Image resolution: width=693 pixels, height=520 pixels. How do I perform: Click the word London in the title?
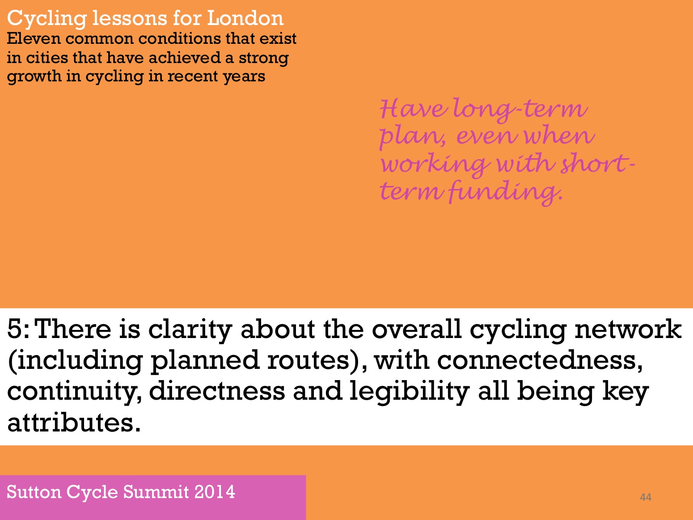[245, 18]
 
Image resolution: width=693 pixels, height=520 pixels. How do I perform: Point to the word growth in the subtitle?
[34, 77]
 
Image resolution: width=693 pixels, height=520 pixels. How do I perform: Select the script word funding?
[506, 192]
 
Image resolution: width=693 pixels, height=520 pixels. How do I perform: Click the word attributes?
[74, 423]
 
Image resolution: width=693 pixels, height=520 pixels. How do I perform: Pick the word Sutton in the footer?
[34, 492]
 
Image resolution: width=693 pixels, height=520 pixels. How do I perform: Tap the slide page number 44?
[646, 497]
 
